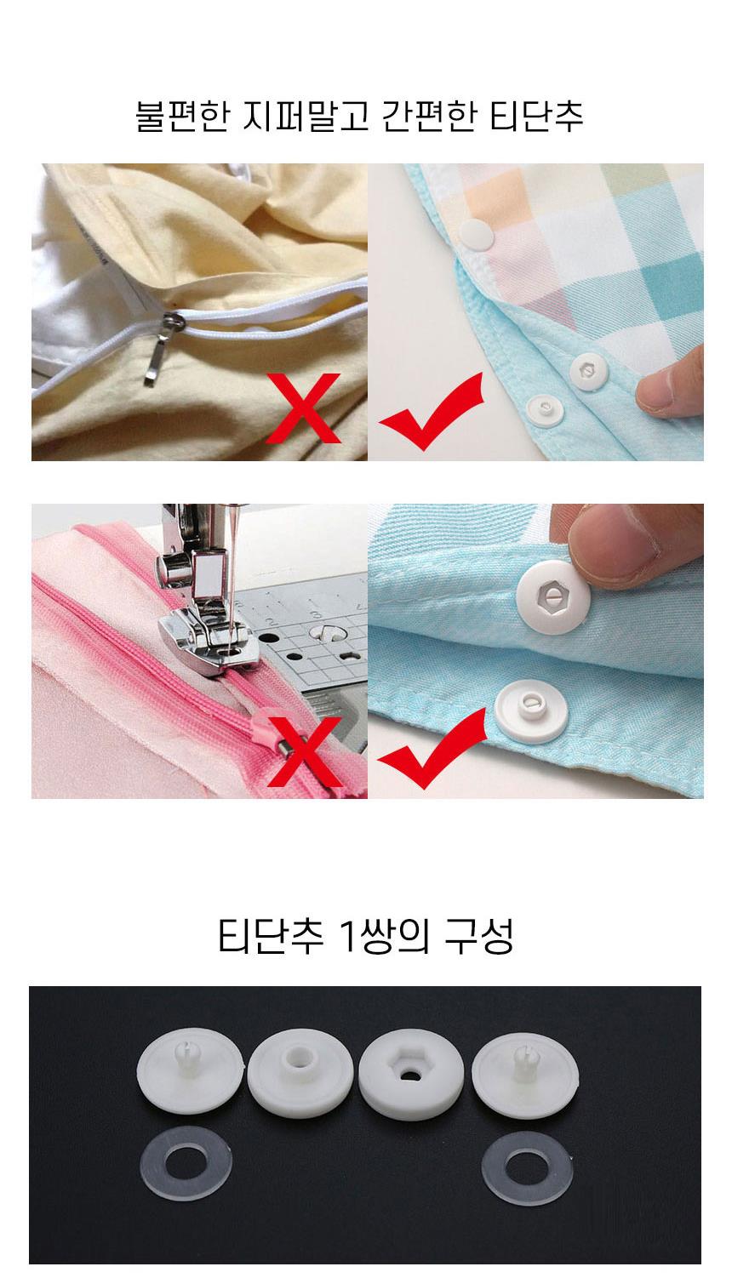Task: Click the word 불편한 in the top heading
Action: pos(182,116)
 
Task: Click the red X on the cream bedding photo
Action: pos(305,408)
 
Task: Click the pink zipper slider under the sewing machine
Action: pos(268,725)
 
